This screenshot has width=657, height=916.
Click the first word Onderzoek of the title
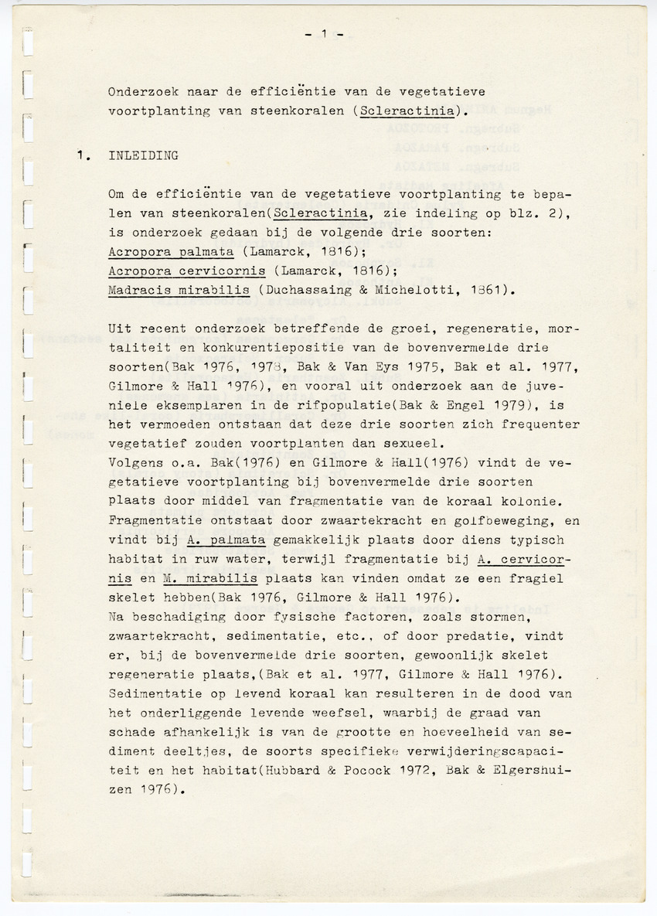(140, 90)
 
